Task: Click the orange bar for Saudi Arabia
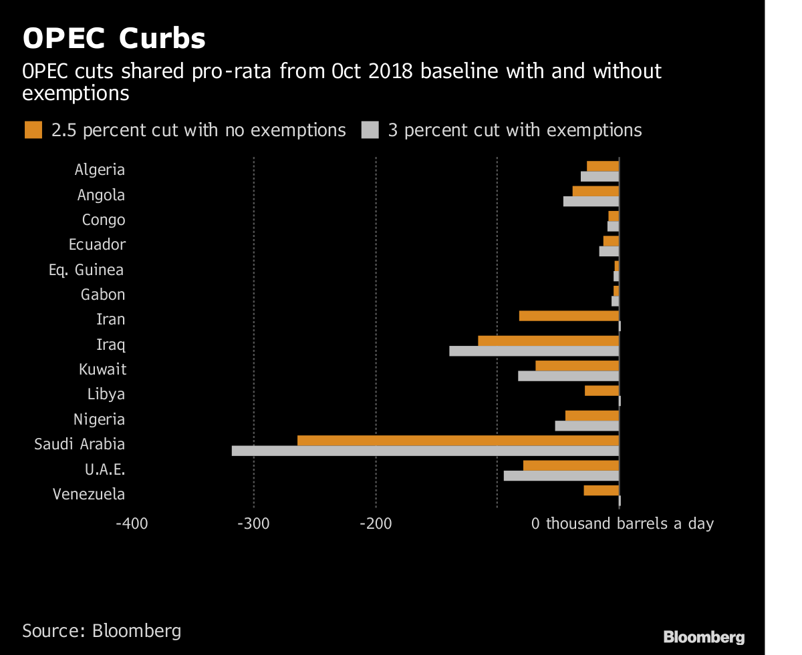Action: pos(458,441)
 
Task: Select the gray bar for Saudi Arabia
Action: pos(425,451)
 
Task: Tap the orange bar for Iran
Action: pos(569,316)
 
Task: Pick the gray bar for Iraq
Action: pos(534,351)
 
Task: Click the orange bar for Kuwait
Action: pos(577,366)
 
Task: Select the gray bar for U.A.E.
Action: pos(561,476)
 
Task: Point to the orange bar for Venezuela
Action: pos(601,491)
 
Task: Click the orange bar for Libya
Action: pos(602,391)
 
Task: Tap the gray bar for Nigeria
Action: pos(587,426)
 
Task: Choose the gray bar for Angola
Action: pos(591,202)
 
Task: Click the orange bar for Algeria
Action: pos(603,166)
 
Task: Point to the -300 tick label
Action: pos(253,523)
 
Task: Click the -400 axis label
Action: pos(132,523)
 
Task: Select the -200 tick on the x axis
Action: pos(375,523)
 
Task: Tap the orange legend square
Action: pos(33,130)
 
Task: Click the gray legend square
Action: pos(370,130)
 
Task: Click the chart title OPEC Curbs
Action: pos(114,39)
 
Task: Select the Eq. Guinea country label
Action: pos(86,270)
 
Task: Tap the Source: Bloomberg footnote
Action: pos(102,631)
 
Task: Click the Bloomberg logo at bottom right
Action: pos(704,637)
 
